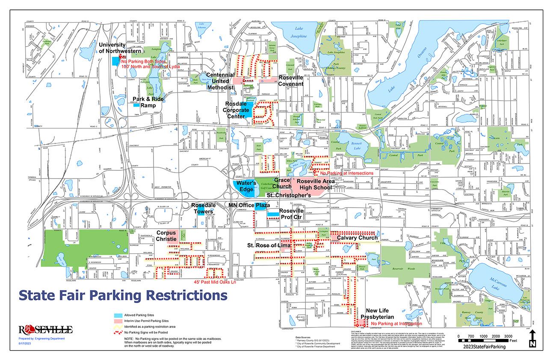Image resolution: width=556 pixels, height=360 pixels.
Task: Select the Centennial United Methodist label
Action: [x=221, y=82]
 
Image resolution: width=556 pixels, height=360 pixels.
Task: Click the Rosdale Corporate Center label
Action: [x=242, y=110]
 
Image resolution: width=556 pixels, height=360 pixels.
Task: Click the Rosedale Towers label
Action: [x=205, y=208]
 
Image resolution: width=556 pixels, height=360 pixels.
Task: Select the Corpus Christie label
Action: [x=167, y=236]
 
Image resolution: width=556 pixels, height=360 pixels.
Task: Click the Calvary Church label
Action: [x=357, y=238]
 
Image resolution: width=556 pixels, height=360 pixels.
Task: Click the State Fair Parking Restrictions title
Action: [x=123, y=295]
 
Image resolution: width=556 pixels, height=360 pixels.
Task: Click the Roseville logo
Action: [x=46, y=329]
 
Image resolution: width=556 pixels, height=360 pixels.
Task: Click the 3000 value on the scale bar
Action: [x=508, y=336]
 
